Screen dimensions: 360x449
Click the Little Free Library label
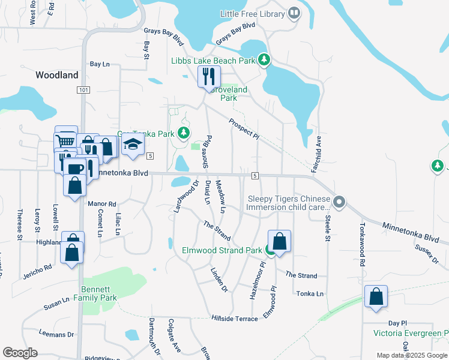click(x=252, y=14)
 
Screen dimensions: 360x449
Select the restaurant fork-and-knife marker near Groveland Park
click(x=209, y=76)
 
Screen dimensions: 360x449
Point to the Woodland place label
click(x=57, y=75)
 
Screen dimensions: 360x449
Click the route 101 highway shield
click(x=83, y=90)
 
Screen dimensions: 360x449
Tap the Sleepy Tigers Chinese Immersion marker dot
click(x=339, y=202)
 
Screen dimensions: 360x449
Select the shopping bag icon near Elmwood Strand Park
click(x=279, y=241)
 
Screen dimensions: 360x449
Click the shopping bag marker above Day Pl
click(x=376, y=296)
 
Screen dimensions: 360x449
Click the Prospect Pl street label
click(x=244, y=129)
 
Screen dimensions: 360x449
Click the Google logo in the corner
click(x=20, y=353)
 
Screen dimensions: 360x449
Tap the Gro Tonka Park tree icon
click(x=184, y=133)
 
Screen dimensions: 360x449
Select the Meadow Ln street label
click(x=220, y=197)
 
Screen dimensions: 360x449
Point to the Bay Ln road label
click(x=100, y=64)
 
